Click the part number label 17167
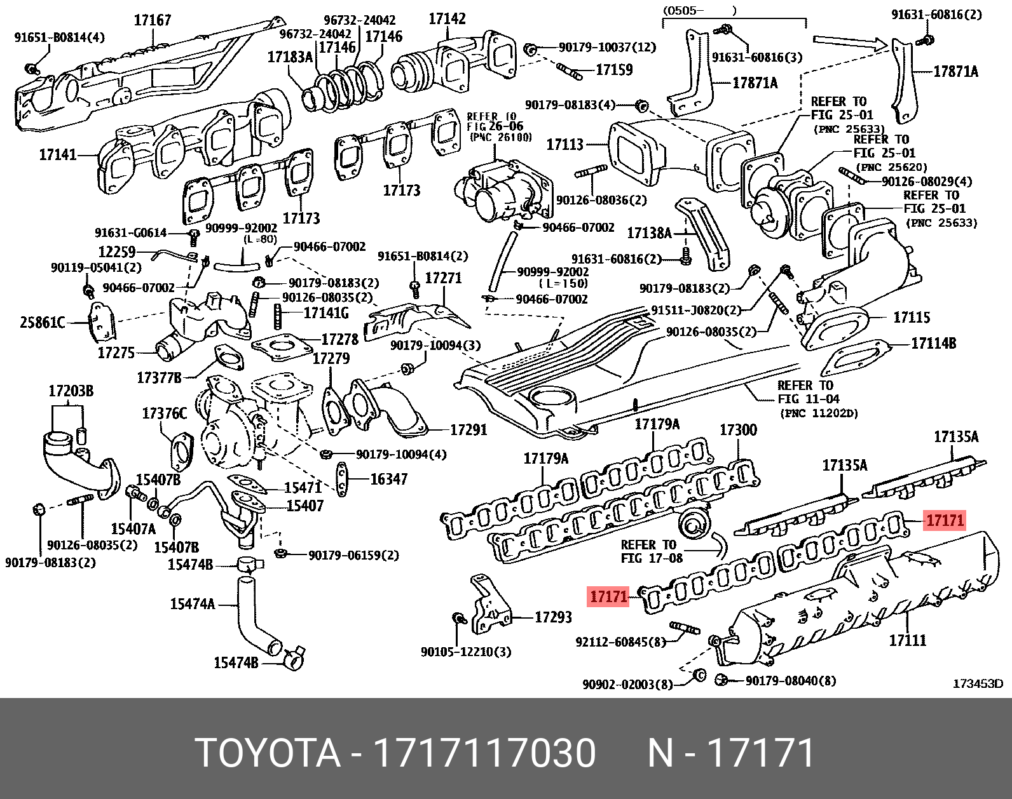click(x=153, y=20)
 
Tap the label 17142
click(x=447, y=18)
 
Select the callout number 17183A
click(x=290, y=57)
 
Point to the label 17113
click(x=564, y=145)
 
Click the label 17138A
click(x=649, y=233)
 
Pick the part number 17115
click(x=912, y=317)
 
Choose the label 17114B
click(x=933, y=344)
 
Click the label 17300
click(x=738, y=430)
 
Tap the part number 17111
click(x=907, y=640)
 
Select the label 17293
click(x=553, y=617)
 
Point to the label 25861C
click(x=42, y=323)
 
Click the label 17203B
click(x=71, y=391)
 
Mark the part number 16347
click(x=388, y=478)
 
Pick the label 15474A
click(x=192, y=603)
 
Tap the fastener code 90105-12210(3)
click(x=465, y=652)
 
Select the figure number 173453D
click(x=977, y=683)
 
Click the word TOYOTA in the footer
click(x=267, y=753)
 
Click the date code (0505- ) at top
click(x=699, y=10)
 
